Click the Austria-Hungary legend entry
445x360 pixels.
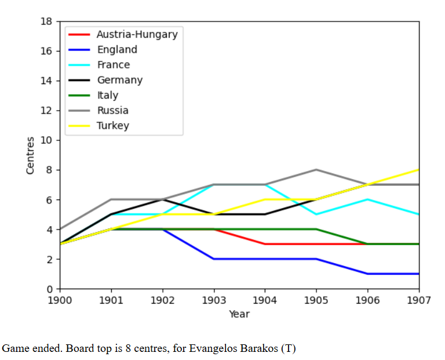click(137, 34)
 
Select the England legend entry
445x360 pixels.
click(116, 50)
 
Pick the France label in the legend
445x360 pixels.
click(113, 65)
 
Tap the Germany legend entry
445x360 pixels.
click(119, 80)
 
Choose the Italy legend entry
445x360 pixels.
click(107, 95)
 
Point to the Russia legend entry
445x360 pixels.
click(112, 110)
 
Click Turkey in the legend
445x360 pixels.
click(112, 125)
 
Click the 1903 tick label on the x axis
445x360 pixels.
click(214, 301)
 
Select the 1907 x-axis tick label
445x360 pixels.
click(418, 301)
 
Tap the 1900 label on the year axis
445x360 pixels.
click(60, 301)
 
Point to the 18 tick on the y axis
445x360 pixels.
click(47, 21)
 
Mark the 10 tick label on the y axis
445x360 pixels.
click(47, 140)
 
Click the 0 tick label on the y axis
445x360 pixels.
click(49, 289)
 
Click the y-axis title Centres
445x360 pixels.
click(31, 155)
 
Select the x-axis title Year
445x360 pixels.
click(239, 314)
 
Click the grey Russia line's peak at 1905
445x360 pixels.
click(316, 170)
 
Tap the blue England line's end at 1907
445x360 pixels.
click(418, 274)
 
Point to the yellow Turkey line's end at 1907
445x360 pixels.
click(418, 170)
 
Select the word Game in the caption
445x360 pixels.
click(14, 348)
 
